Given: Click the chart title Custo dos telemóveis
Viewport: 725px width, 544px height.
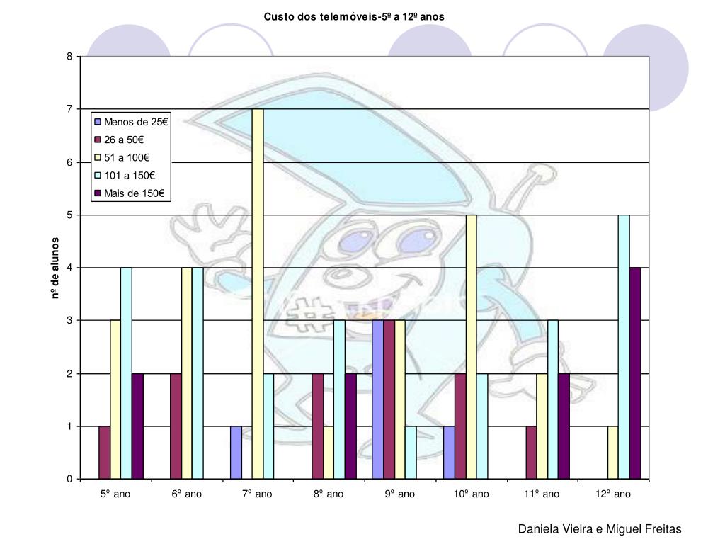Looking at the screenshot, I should [354, 16].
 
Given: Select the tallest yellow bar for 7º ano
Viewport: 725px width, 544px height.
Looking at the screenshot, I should [258, 294].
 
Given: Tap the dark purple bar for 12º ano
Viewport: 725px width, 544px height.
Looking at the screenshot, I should [635, 373].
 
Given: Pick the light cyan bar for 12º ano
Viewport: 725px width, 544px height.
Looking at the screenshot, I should [624, 347].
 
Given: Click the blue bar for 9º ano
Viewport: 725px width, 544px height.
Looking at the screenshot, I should [377, 399].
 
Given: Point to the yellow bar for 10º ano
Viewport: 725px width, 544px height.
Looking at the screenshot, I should [471, 347].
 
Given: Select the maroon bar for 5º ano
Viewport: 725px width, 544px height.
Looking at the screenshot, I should [104, 453].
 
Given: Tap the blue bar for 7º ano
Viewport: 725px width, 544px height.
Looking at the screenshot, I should [236, 453].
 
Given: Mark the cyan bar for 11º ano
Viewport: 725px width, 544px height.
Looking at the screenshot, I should [553, 399].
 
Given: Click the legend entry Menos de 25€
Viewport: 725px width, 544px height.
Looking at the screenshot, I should [135, 122].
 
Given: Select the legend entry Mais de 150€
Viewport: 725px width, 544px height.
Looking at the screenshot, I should [135, 193].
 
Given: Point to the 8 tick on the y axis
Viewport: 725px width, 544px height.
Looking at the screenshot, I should [69, 57].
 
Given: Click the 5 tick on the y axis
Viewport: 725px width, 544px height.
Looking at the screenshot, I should [69, 215].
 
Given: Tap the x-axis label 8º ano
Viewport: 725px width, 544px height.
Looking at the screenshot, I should [329, 494].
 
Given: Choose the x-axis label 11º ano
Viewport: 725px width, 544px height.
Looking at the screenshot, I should [542, 494].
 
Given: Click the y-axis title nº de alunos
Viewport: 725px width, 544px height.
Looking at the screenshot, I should [55, 268].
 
